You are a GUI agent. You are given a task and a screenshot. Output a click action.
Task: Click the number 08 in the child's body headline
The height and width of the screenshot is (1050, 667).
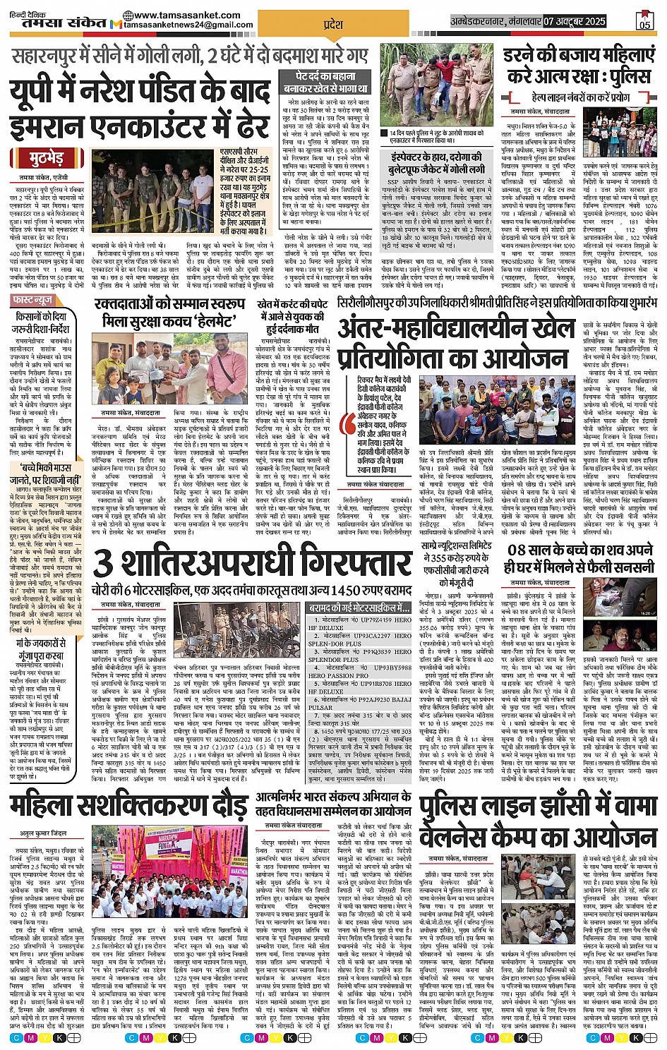click(518, 549)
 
